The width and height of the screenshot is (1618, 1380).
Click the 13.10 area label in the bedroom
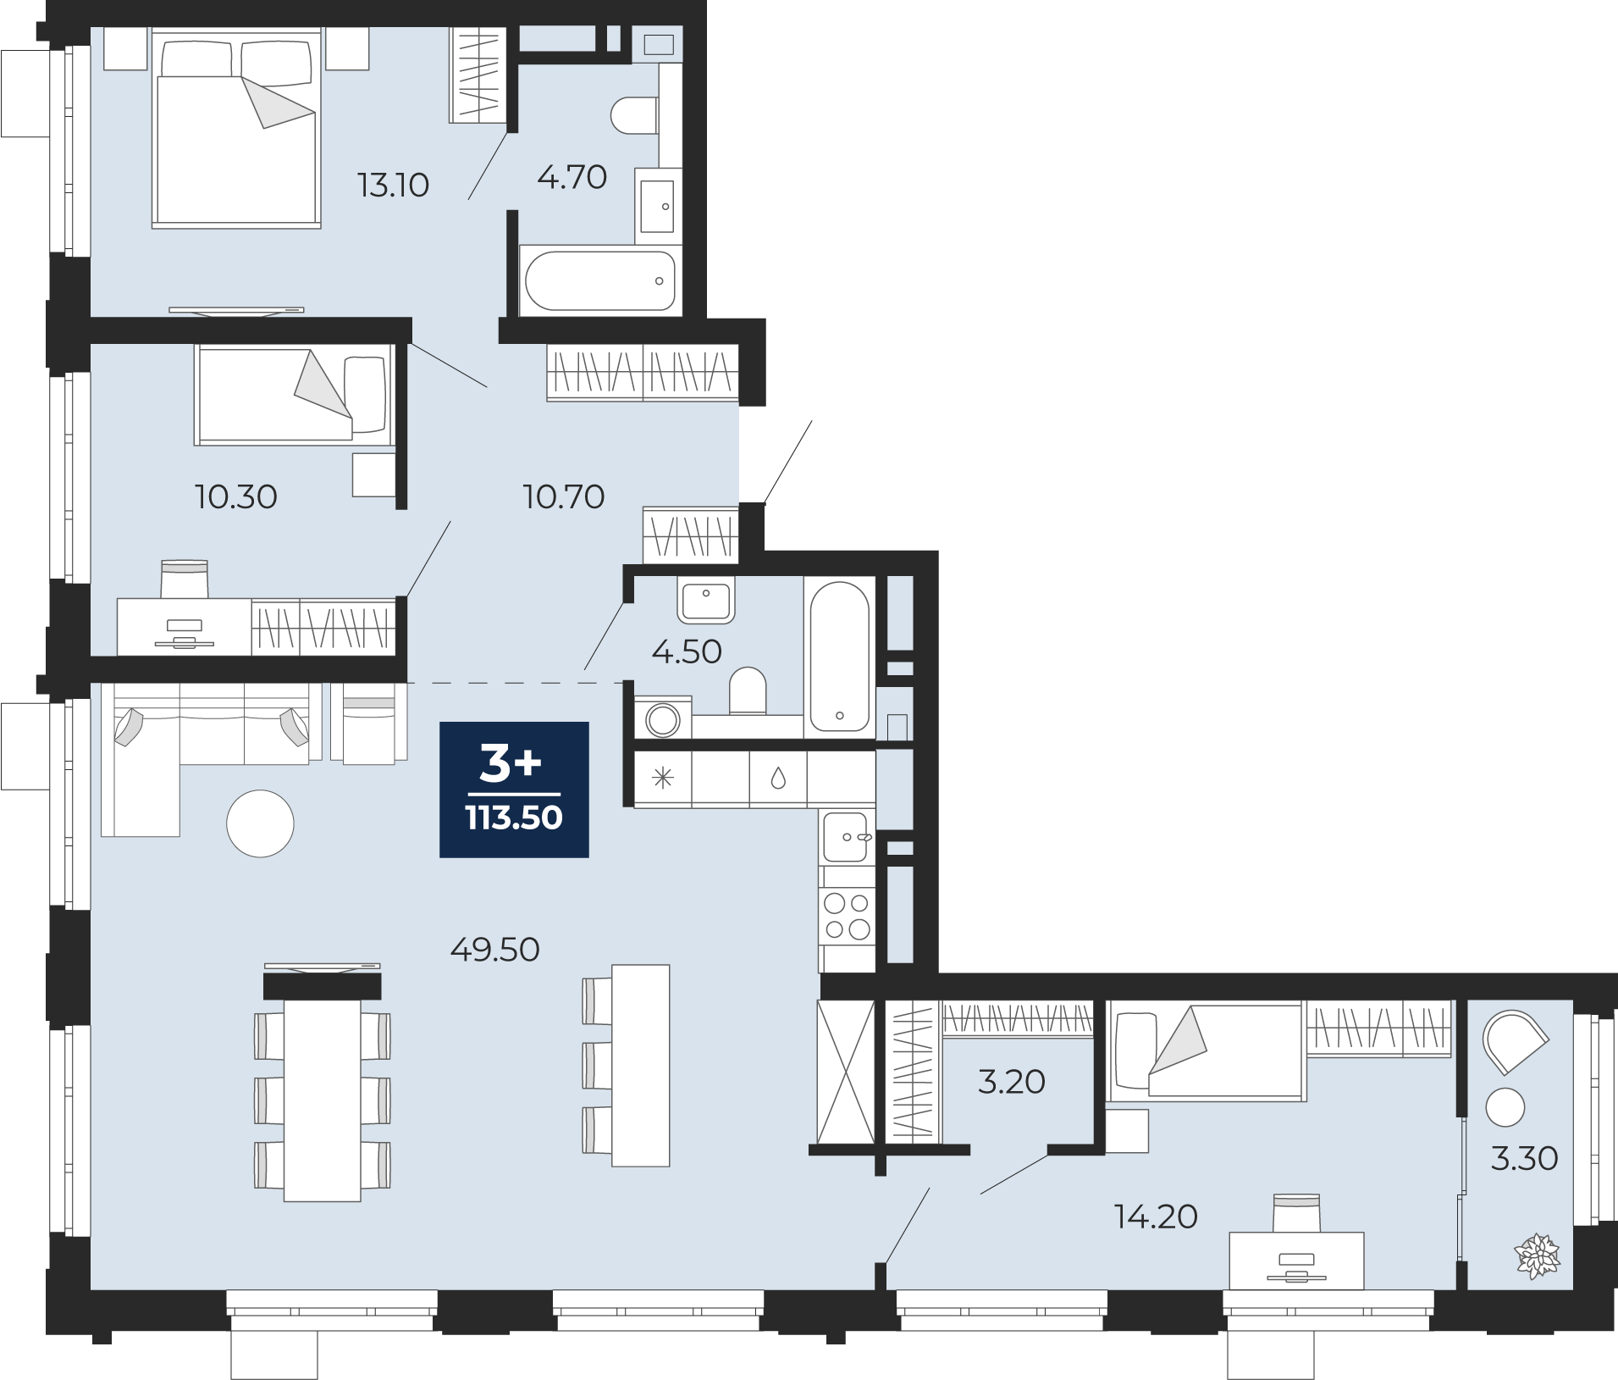(394, 185)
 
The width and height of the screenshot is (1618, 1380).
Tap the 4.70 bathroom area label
(572, 177)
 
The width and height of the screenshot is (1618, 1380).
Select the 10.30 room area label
(236, 496)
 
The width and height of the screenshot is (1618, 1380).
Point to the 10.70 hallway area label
(564, 496)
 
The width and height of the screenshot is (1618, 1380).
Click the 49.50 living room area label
(495, 950)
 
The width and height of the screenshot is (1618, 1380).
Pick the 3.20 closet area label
(1012, 1082)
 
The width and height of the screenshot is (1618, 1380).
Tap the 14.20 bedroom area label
(1156, 1217)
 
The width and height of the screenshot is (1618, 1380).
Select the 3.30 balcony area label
(1524, 1158)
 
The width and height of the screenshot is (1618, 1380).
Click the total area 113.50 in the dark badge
(514, 817)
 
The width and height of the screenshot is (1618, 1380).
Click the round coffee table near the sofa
(260, 823)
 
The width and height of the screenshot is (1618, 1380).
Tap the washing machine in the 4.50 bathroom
(663, 718)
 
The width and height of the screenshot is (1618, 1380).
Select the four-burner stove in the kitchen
(847, 917)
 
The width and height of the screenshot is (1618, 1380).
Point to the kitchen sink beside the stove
(847, 837)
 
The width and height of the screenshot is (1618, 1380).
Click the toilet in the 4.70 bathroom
(634, 116)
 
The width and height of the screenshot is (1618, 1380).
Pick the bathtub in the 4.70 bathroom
(600, 280)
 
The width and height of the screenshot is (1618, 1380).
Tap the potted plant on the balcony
(1537, 1256)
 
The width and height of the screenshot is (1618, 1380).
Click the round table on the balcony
(1505, 1107)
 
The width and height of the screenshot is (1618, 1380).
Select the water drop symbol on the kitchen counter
(778, 779)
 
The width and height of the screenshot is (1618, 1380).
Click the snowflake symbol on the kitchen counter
(663, 778)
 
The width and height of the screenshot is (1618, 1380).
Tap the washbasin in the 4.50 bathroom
(706, 600)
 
